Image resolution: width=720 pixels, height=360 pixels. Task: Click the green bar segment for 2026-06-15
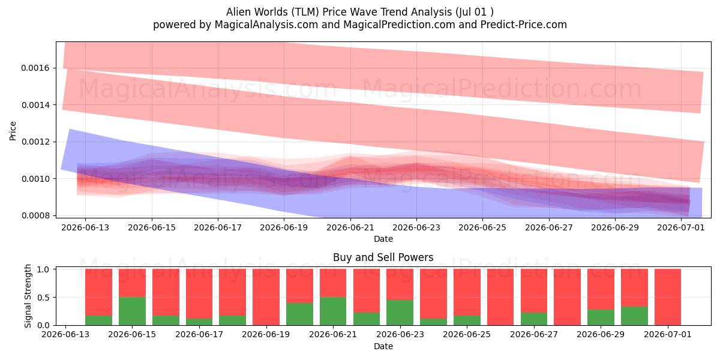pyautogui.click(x=132, y=311)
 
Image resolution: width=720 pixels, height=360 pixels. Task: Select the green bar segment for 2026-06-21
pyautogui.click(x=333, y=311)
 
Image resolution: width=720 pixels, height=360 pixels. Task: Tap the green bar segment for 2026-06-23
pyautogui.click(x=400, y=313)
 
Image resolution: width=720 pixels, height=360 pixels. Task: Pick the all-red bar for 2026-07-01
pyautogui.click(x=668, y=297)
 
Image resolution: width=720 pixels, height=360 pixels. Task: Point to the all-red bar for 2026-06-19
pyautogui.click(x=266, y=297)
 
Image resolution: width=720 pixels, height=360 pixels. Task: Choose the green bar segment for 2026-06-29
pyautogui.click(x=601, y=317)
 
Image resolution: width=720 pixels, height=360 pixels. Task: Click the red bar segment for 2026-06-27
pyautogui.click(x=534, y=290)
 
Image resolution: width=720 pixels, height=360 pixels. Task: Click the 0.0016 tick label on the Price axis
pyautogui.click(x=35, y=68)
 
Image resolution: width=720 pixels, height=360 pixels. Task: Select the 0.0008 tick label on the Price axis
pyautogui.click(x=35, y=215)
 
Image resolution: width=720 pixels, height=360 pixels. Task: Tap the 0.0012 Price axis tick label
pyautogui.click(x=35, y=142)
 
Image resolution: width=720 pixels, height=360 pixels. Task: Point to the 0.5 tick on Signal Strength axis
pyautogui.click(x=43, y=298)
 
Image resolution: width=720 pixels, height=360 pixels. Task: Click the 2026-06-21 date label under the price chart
pyautogui.click(x=350, y=227)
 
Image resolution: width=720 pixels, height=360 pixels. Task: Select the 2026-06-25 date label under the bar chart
pyautogui.click(x=467, y=334)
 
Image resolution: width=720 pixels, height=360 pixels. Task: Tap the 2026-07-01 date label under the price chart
pyautogui.click(x=681, y=227)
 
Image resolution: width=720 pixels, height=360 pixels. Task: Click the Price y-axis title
pyautogui.click(x=13, y=131)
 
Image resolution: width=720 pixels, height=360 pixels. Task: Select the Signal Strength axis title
pyautogui.click(x=28, y=296)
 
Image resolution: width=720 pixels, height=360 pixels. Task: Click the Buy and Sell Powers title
pyautogui.click(x=383, y=257)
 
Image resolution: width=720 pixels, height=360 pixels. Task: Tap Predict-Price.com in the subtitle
pyautogui.click(x=524, y=25)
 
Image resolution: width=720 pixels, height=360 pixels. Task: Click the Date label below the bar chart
pyautogui.click(x=383, y=346)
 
